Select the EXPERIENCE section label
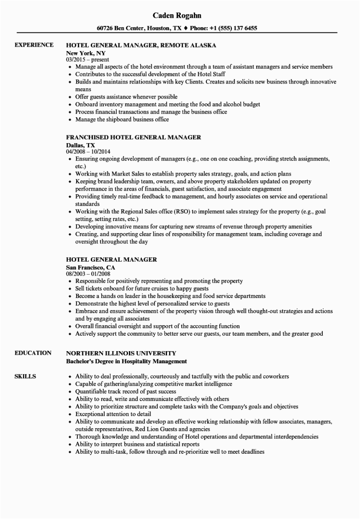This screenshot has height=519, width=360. click(34, 45)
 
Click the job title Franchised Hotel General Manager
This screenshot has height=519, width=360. click(133, 137)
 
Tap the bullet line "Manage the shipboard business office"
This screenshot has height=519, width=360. click(122, 119)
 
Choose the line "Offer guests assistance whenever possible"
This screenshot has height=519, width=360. click(126, 96)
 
